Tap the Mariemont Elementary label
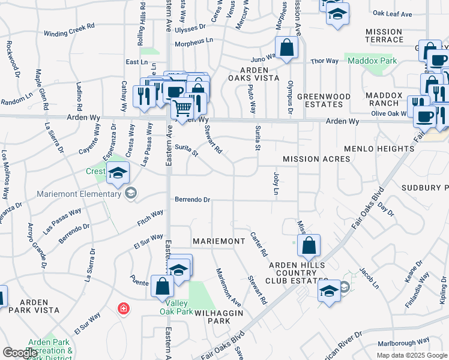[x=79, y=193]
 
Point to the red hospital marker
[x=123, y=308]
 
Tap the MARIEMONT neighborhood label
[x=218, y=241]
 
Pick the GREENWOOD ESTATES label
[x=324, y=100]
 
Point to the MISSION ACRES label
[x=316, y=159]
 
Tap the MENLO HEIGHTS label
[x=375, y=148]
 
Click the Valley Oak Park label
[x=176, y=307]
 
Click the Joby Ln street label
[x=276, y=184]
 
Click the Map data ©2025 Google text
[x=411, y=355]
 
